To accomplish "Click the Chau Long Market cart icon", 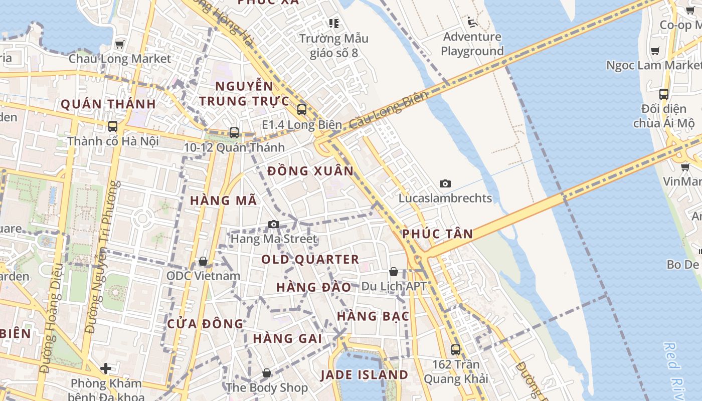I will (x=119, y=44).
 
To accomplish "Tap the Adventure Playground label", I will (x=472, y=44).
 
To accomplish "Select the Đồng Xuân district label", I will (x=310, y=171).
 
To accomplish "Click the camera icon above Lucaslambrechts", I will (x=445, y=184).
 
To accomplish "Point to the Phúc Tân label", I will (x=437, y=234).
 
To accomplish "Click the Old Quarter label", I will (x=310, y=260).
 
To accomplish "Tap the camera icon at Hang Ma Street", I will (x=273, y=224).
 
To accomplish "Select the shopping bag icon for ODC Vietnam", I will (x=203, y=261).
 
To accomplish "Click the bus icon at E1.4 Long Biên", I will (x=301, y=109).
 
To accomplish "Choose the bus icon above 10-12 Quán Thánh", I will (x=234, y=133).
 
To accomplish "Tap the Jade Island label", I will (x=364, y=375).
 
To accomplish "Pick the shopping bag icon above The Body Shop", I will (x=267, y=373).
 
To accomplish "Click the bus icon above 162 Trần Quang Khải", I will (x=456, y=349).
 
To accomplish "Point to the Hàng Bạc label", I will (x=373, y=316).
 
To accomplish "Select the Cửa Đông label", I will (x=205, y=324).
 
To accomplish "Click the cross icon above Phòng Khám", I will (x=106, y=369).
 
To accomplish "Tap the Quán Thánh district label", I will (x=108, y=104).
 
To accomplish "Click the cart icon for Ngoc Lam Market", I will (x=655, y=51).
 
